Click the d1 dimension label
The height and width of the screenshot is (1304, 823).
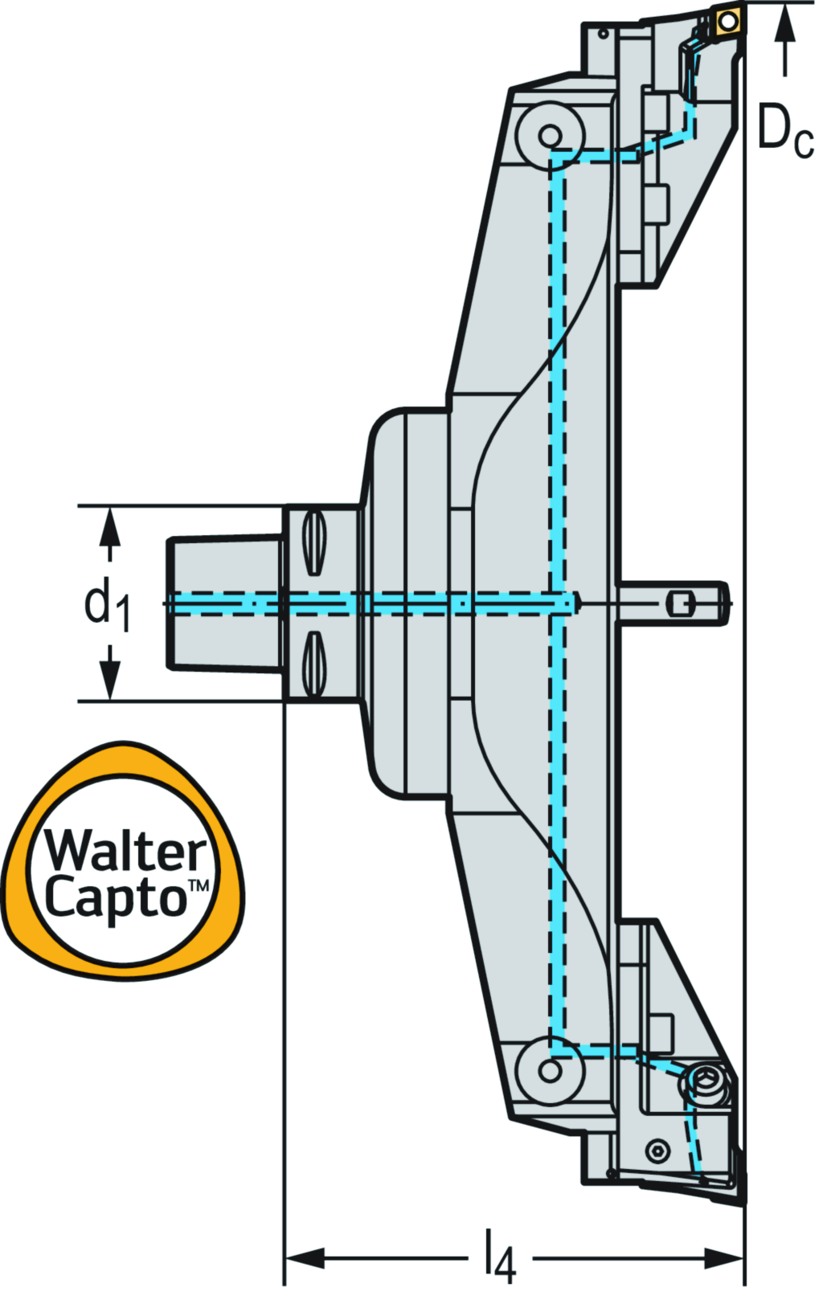[106, 604]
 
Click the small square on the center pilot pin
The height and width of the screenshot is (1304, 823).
[680, 603]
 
